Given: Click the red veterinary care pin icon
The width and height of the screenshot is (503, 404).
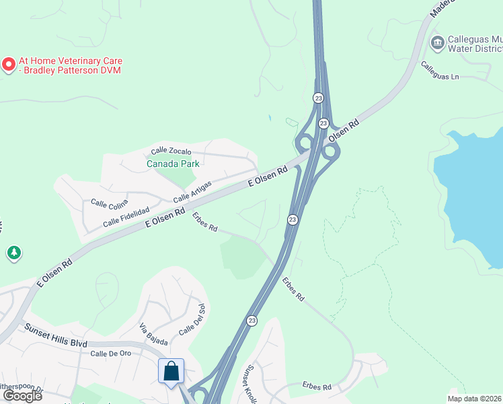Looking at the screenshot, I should [x=9, y=65].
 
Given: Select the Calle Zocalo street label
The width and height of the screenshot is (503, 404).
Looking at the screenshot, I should [x=171, y=151].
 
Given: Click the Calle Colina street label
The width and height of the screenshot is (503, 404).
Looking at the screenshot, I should [x=108, y=203].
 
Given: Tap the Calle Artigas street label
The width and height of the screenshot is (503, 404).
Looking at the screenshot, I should [x=192, y=192].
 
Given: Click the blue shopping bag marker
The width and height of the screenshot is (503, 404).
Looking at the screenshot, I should [x=171, y=371].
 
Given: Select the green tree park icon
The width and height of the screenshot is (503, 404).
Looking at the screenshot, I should [x=14, y=253].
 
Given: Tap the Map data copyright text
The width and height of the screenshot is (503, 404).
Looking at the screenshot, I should [x=475, y=398].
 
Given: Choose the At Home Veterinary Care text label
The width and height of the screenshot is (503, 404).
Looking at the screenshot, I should [x=71, y=65].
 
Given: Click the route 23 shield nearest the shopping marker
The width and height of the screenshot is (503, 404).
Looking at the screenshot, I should [x=251, y=321].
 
